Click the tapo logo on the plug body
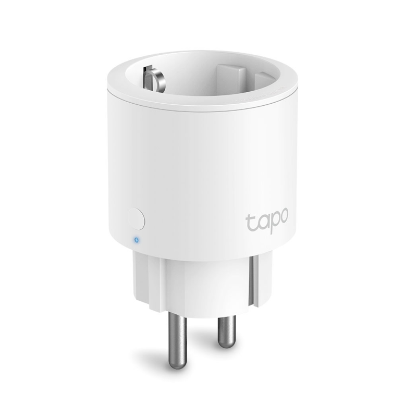tap(267, 218)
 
